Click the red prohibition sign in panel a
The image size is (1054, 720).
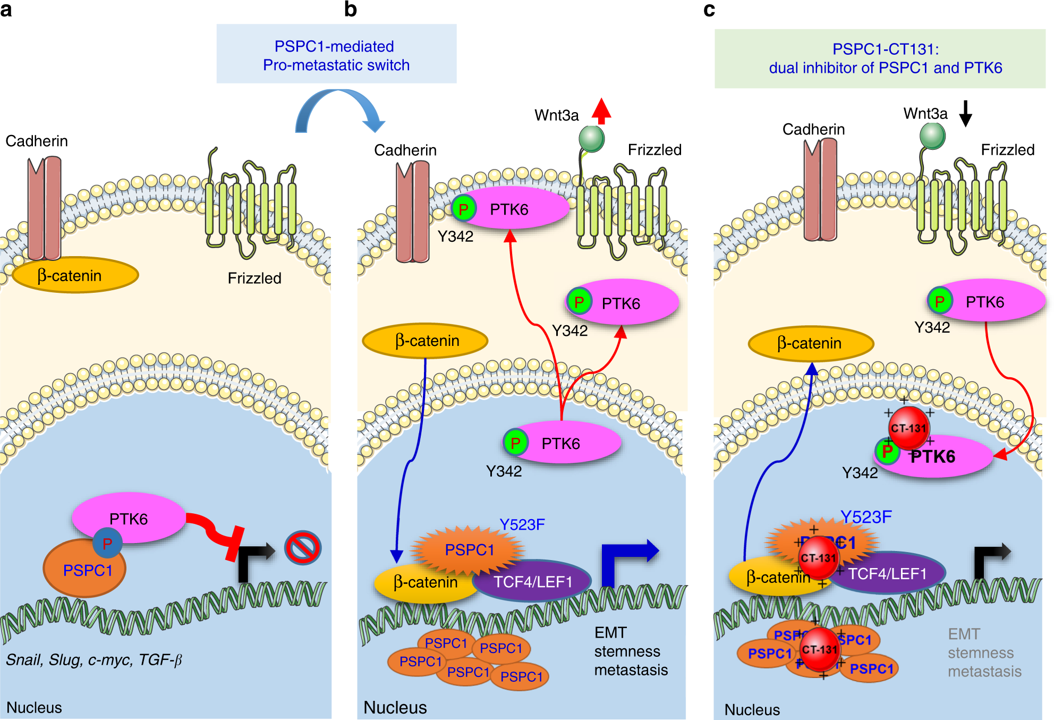click(302, 548)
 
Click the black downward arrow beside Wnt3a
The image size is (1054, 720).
click(965, 113)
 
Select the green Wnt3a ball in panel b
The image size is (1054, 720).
click(591, 139)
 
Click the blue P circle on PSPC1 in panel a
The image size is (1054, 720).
click(107, 543)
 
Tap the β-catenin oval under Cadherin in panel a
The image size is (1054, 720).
click(75, 275)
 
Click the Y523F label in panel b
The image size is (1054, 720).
click(522, 524)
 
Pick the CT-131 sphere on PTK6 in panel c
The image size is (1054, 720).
click(908, 428)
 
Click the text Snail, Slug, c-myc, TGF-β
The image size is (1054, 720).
click(94, 660)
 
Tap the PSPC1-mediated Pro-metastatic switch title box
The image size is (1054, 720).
click(336, 54)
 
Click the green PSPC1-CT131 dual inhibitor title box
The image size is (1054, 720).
click(880, 58)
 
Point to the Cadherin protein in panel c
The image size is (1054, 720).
click(820, 190)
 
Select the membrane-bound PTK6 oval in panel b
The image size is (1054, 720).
click(510, 209)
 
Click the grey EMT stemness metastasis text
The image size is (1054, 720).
click(984, 653)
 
